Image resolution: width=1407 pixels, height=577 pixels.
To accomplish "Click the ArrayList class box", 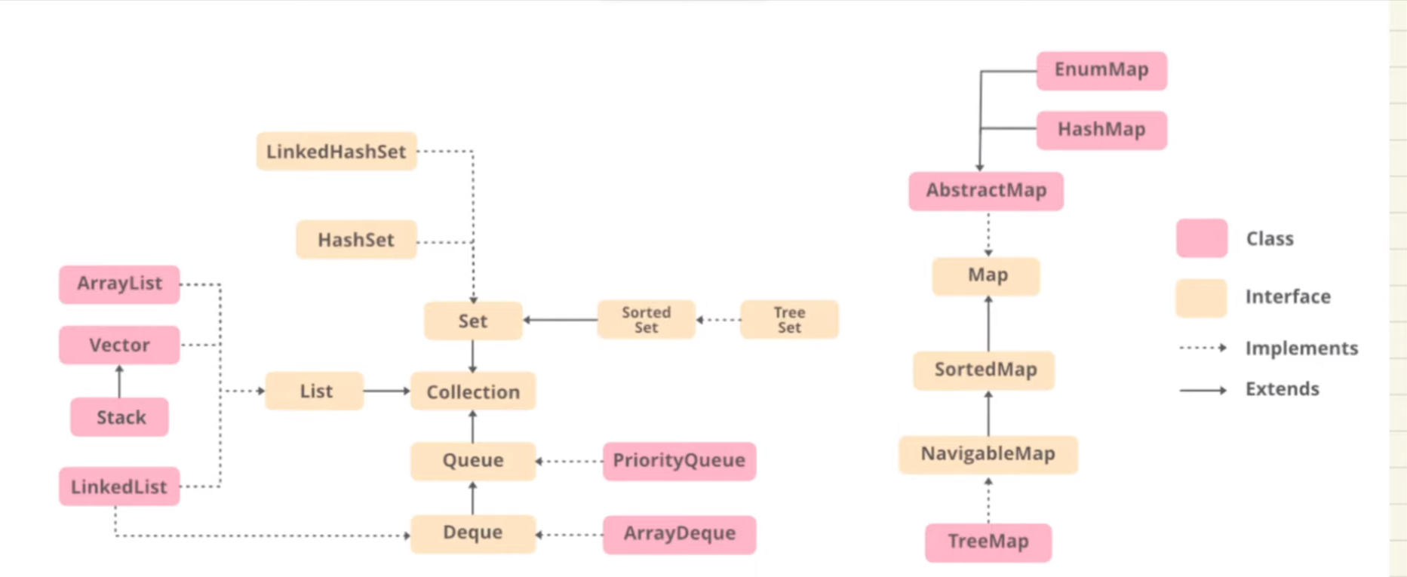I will [x=119, y=284].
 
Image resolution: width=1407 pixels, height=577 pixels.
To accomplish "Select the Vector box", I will [x=119, y=345].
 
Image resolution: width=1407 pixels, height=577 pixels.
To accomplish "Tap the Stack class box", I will [x=120, y=417].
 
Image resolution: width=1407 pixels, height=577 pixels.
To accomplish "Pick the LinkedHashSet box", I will [x=336, y=152].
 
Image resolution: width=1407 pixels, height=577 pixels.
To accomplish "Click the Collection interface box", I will [x=473, y=391].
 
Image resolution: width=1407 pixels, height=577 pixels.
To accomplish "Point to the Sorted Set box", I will [x=646, y=320].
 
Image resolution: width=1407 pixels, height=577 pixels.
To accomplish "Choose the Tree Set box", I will [x=789, y=320].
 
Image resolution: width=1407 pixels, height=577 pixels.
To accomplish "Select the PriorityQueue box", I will [x=679, y=461].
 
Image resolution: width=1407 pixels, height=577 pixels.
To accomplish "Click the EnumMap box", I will [x=1101, y=70].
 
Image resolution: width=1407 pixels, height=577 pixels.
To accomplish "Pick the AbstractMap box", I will [x=986, y=191].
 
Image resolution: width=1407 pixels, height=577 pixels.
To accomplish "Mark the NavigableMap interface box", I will [x=988, y=454].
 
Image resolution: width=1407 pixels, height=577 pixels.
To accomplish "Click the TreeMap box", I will [x=988, y=542].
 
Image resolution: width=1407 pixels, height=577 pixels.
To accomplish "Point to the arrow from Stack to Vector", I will [x=119, y=382].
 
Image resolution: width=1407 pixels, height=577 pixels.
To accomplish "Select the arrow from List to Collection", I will [x=386, y=391].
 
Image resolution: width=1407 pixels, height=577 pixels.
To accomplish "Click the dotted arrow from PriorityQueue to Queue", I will [x=570, y=461].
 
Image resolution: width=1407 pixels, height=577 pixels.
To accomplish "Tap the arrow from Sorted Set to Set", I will [x=560, y=320].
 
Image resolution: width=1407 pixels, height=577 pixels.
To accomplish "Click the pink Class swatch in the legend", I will [x=1202, y=238].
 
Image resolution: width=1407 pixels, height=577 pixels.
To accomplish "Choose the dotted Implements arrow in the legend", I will [x=1203, y=348].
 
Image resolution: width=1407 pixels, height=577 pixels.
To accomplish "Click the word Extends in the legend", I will [x=1282, y=389].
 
